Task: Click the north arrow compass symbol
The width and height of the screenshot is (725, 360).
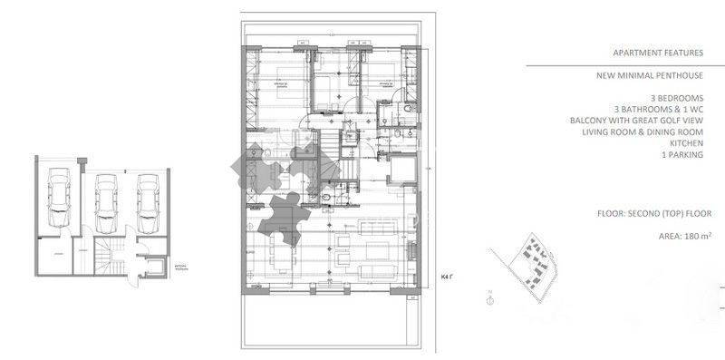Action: click(489, 293)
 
